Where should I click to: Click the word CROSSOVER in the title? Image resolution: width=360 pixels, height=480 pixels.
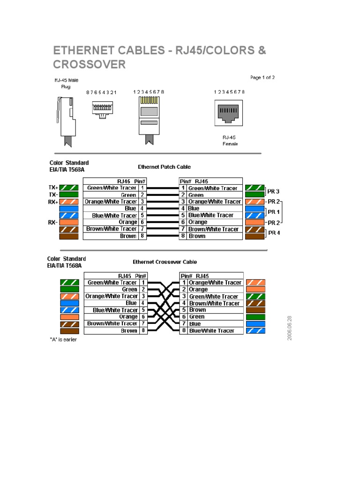(x=89, y=64)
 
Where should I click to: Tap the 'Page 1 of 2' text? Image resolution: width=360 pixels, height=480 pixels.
(x=262, y=78)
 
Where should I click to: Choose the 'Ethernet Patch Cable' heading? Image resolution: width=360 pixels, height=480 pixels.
(x=164, y=167)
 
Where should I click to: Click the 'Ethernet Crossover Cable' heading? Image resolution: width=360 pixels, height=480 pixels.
(x=165, y=262)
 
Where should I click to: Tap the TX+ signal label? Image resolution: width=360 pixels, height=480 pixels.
(x=53, y=187)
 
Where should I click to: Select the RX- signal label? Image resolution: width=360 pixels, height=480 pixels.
(x=52, y=222)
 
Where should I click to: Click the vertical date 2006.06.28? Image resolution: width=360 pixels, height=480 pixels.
(x=290, y=328)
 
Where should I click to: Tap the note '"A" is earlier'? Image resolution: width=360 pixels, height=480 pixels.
(x=63, y=340)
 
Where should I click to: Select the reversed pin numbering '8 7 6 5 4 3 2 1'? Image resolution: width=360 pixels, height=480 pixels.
(x=101, y=92)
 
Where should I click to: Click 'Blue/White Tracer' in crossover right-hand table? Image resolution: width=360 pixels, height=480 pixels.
(x=211, y=331)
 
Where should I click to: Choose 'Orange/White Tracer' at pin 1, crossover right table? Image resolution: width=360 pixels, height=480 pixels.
(x=215, y=283)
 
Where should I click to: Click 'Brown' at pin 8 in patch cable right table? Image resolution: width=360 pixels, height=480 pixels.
(x=197, y=236)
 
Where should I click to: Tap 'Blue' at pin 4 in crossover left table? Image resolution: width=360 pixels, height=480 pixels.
(x=131, y=303)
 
